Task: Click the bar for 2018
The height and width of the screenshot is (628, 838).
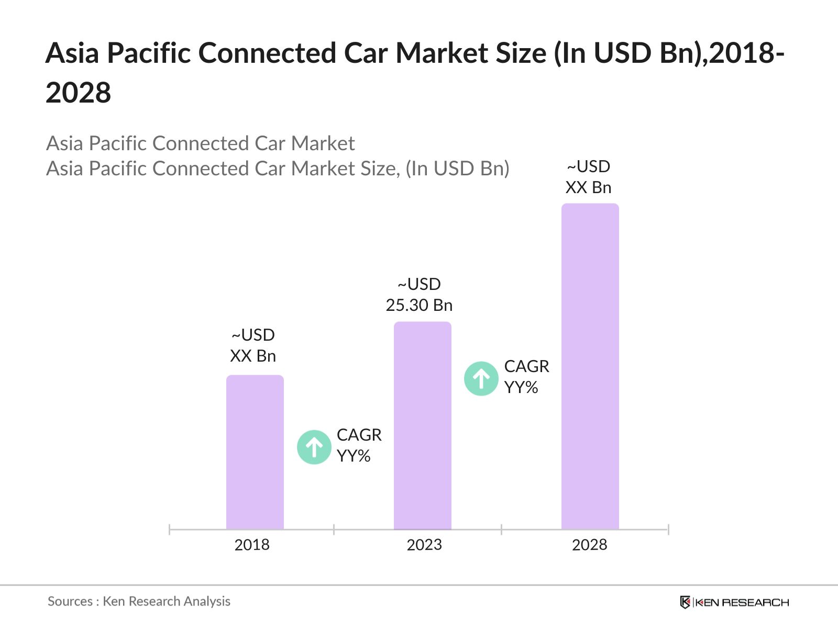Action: tap(255, 452)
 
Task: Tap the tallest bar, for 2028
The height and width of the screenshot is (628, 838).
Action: tap(590, 366)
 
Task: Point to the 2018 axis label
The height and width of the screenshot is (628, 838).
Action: tap(252, 545)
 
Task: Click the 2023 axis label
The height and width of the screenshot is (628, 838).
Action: tap(424, 545)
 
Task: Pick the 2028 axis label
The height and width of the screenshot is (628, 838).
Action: tap(589, 545)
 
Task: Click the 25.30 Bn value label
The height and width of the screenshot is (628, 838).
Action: tap(419, 305)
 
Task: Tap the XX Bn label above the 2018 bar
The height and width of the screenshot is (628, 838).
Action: tap(253, 356)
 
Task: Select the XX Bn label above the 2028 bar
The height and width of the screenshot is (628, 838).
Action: tap(588, 187)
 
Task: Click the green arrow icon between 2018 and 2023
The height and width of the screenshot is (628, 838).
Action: tap(314, 447)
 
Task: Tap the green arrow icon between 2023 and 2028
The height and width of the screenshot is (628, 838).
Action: tap(481, 378)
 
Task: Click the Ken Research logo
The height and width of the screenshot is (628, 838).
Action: tap(734, 602)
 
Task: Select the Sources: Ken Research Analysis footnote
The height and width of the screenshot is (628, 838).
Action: tap(139, 601)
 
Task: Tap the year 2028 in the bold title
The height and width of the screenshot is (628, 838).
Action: tap(79, 93)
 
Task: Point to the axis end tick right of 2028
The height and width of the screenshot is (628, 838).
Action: tap(668, 530)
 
